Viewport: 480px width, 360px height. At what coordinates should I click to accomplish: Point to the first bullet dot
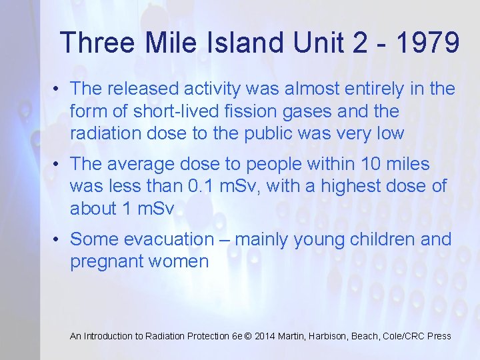(x=59, y=88)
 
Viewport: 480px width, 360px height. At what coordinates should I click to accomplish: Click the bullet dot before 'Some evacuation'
(x=59, y=239)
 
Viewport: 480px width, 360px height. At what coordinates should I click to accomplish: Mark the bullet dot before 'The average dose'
(x=59, y=163)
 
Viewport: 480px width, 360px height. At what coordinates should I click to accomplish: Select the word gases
(x=307, y=110)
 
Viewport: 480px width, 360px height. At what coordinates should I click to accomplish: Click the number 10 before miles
(x=367, y=163)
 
